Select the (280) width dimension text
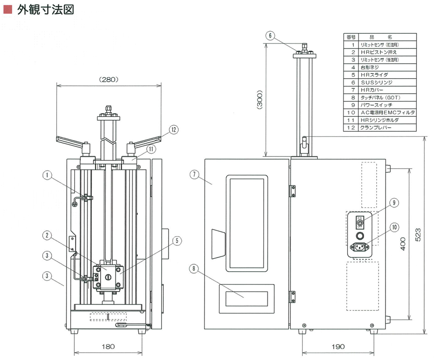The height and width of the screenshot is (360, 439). tap(108, 79)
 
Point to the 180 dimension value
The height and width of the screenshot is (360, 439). tap(108, 346)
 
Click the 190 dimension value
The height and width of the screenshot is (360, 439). tap(338, 346)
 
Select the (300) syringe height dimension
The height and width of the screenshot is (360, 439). tap(259, 101)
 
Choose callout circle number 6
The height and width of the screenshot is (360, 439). tap(270, 35)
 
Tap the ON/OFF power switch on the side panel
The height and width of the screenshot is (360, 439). tap(360, 223)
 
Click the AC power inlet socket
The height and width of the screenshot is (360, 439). tap(360, 247)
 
